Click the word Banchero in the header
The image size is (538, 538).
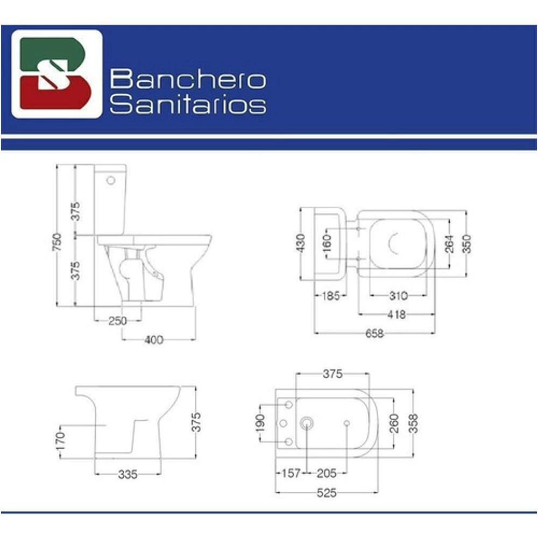(x=188, y=79)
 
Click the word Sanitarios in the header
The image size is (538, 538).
(x=188, y=103)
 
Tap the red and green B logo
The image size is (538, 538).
(x=56, y=73)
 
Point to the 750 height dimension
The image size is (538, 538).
(x=57, y=242)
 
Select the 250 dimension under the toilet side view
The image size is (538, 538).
(x=118, y=321)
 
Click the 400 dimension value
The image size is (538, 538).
(x=154, y=339)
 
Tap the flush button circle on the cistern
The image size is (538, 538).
(x=111, y=180)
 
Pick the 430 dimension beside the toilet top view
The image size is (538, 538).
(x=300, y=243)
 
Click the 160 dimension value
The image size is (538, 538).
(x=327, y=243)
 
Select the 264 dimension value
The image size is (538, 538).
(x=449, y=244)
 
